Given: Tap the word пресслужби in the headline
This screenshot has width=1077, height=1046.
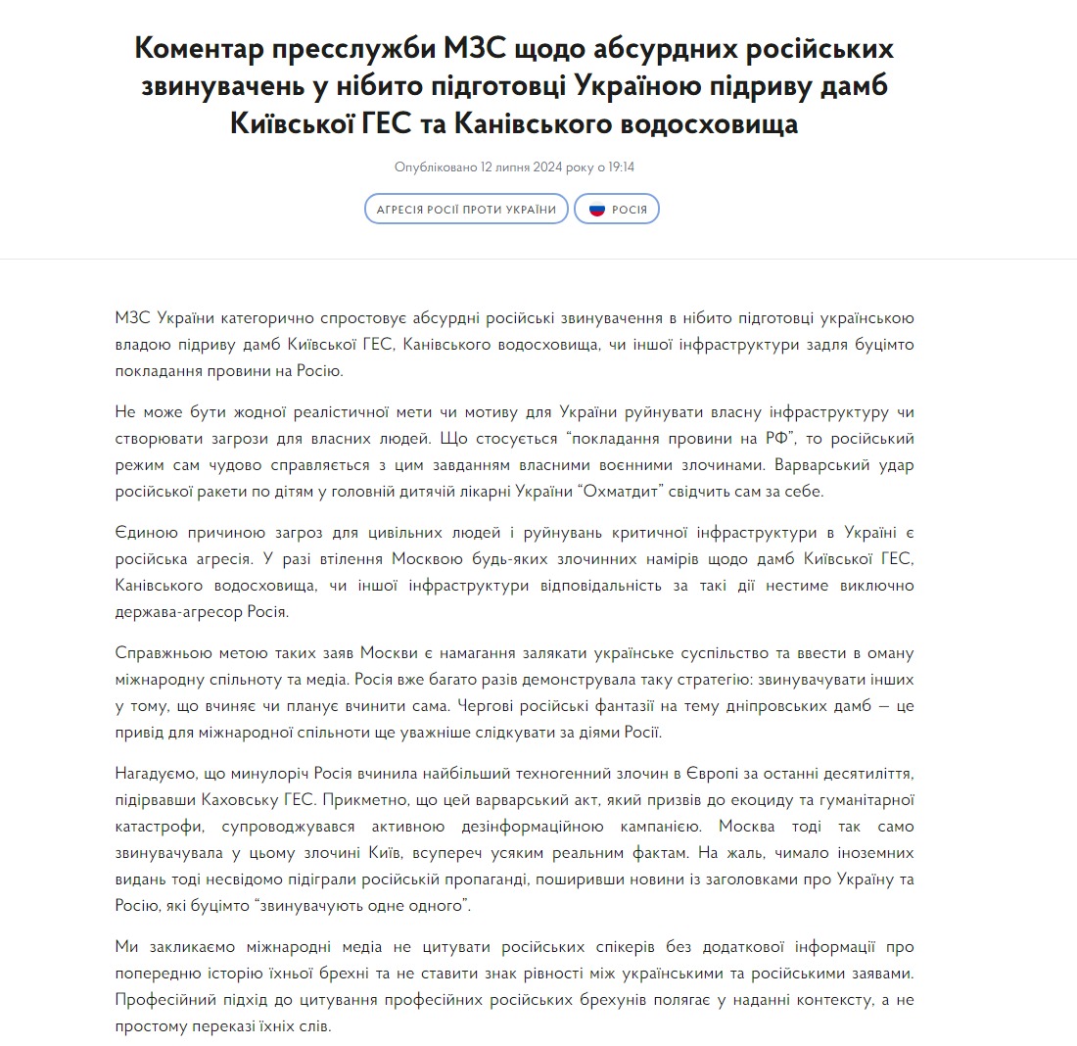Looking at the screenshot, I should point(375,49).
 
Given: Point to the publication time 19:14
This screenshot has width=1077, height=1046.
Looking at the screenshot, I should point(622,166).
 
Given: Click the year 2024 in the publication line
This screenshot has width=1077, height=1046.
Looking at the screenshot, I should point(553,166).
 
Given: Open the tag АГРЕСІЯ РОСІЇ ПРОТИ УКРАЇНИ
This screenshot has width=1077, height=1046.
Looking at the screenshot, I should point(466,210).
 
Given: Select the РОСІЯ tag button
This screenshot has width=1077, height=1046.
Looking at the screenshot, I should point(618,210).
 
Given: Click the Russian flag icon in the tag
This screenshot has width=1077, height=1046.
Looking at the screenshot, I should point(596,210).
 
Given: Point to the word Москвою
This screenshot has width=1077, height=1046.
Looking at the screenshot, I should point(427,557).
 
